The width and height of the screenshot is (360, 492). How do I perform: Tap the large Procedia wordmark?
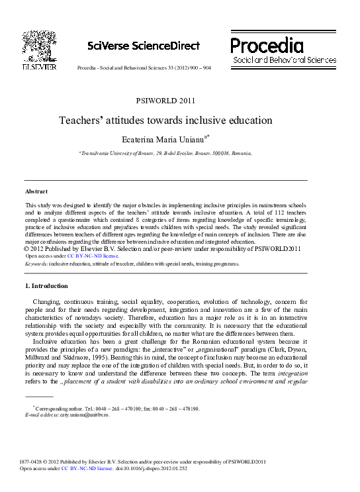267,45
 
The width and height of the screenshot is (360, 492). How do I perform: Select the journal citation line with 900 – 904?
144,68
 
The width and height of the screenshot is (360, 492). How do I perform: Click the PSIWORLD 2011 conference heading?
165,101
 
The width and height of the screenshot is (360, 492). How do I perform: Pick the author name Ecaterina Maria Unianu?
163,138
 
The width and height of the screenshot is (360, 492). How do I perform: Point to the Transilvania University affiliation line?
165,152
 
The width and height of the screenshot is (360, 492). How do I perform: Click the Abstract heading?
36,191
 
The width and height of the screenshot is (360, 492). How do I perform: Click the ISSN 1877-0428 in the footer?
34,462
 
